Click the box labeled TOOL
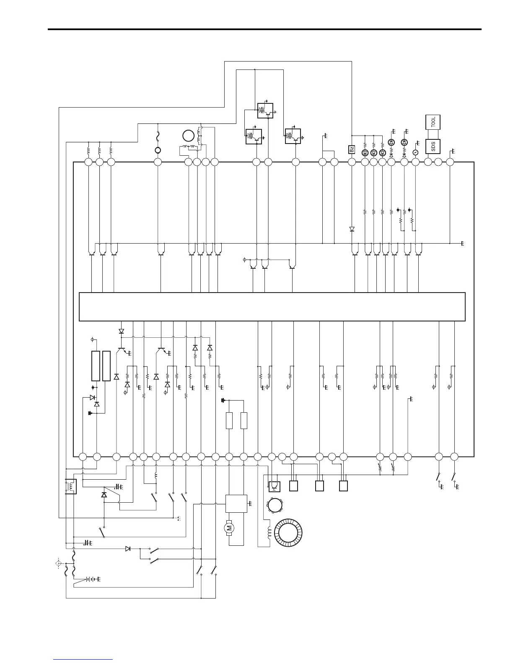[x=433, y=122]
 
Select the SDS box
[x=433, y=146]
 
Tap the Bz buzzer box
[x=352, y=149]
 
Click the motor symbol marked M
[x=229, y=528]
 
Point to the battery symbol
[x=89, y=579]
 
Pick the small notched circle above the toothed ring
[x=275, y=505]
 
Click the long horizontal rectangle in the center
[x=272, y=307]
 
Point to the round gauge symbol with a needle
[x=415, y=152]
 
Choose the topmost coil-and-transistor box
[x=265, y=110]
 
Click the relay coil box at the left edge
[x=71, y=486]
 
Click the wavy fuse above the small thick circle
[x=158, y=136]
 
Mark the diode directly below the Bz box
[x=352, y=229]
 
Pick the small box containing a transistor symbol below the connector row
[x=275, y=486]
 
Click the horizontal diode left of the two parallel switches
[x=128, y=548]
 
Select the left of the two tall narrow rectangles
[x=96, y=366]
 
